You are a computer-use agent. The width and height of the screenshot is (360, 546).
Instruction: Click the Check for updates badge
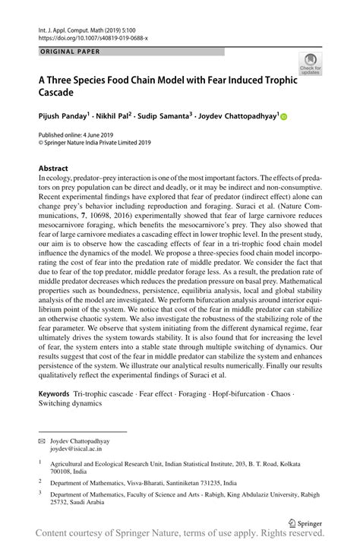tap(309, 63)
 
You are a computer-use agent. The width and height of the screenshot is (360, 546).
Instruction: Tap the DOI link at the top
tap(92, 37)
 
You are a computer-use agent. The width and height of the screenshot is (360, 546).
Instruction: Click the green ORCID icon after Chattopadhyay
tap(284, 118)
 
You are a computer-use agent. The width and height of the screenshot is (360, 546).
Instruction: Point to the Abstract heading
tap(54, 166)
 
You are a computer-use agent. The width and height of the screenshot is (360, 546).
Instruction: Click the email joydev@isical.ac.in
tap(81, 450)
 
